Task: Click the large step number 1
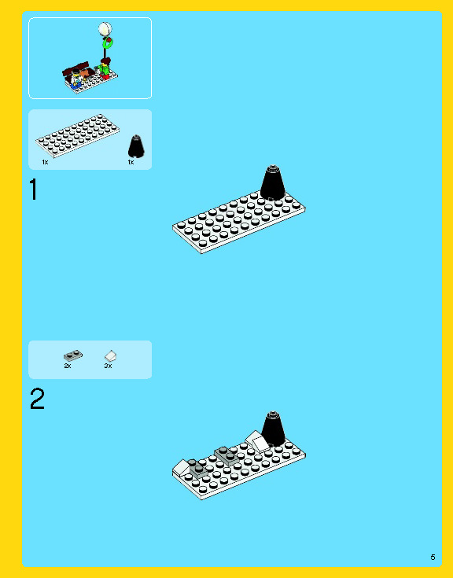(x=34, y=189)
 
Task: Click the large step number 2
(x=37, y=399)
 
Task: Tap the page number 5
(x=433, y=557)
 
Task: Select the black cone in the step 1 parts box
(x=136, y=146)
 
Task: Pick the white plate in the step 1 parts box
(x=77, y=135)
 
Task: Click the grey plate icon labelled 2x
(x=73, y=355)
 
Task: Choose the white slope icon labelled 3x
(x=111, y=355)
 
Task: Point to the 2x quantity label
(x=68, y=366)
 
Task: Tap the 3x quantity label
(x=108, y=366)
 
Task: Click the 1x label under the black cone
(x=131, y=162)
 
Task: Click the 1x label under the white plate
(x=45, y=162)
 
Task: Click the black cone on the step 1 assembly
(x=272, y=182)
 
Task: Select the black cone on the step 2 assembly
(x=273, y=429)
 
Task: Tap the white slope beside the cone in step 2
(x=257, y=442)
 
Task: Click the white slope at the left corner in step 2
(x=182, y=467)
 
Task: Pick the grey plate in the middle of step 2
(x=226, y=455)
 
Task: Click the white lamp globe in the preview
(x=105, y=29)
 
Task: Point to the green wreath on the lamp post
(x=108, y=43)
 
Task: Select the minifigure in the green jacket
(x=105, y=68)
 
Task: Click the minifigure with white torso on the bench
(x=76, y=79)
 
